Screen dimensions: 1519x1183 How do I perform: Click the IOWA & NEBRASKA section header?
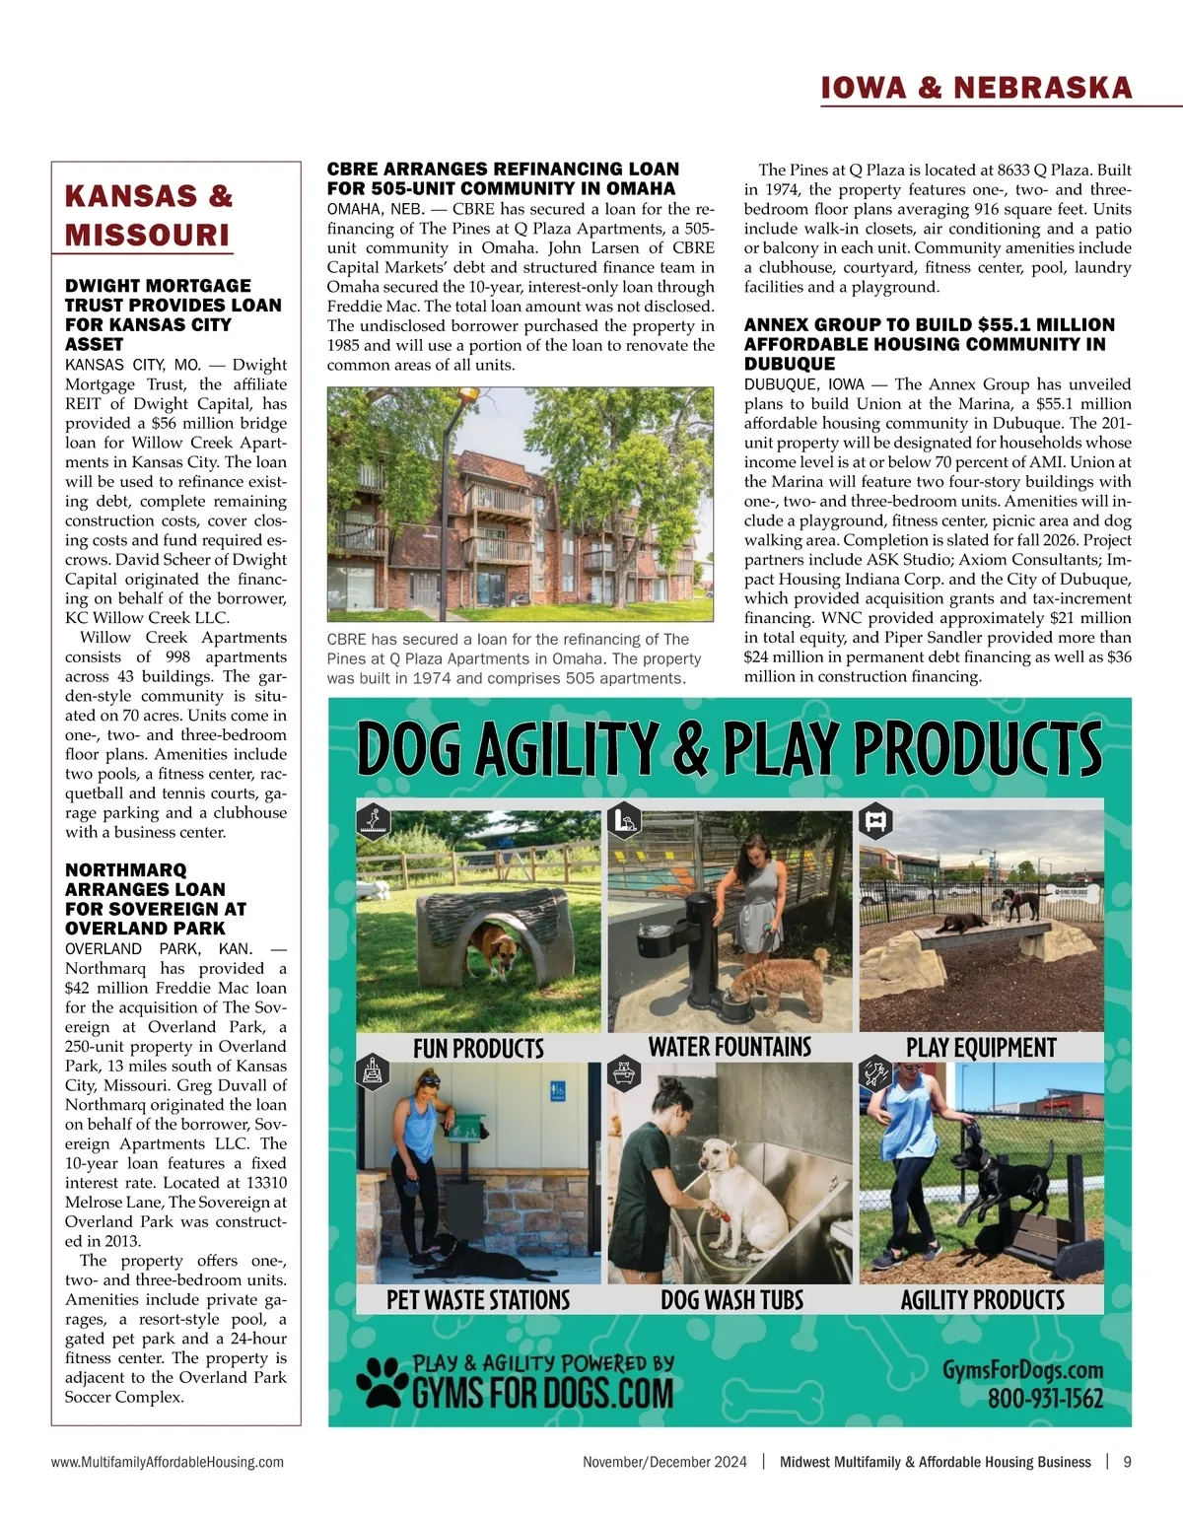point(976,88)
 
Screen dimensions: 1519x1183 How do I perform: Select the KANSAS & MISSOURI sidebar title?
point(149,215)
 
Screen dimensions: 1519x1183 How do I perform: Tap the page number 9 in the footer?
point(1127,1462)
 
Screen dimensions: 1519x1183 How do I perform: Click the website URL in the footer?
point(168,1462)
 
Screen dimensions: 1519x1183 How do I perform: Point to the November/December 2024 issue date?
point(664,1462)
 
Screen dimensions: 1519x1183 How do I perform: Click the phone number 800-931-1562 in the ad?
point(1045,1399)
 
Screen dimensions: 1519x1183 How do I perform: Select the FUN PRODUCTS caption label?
point(478,1048)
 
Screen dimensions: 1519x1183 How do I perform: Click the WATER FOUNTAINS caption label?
point(730,1047)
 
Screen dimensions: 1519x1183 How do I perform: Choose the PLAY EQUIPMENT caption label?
point(981,1048)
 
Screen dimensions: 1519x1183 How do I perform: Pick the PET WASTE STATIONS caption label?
point(478,1300)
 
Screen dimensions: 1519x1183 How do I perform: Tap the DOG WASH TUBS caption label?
point(731,1300)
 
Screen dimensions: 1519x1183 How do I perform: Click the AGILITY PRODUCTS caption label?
point(982,1300)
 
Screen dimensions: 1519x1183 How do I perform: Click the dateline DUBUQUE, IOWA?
point(803,384)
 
